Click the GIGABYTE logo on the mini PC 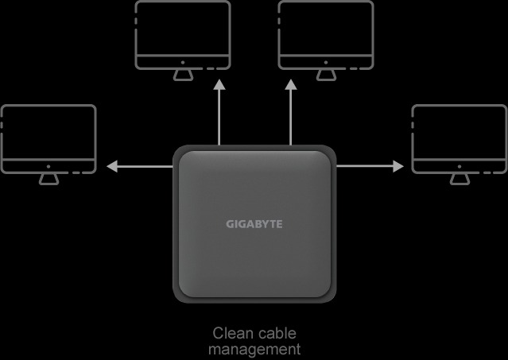click(254, 224)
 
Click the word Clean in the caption click(231, 333)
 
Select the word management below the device click(254, 348)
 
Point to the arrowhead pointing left click(112, 167)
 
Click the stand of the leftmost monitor click(48, 179)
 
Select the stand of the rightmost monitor click(459, 179)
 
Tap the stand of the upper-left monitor click(183, 74)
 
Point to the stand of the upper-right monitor click(326, 74)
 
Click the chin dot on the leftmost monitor click(48, 167)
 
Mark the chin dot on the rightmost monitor click(459, 167)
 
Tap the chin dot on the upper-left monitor click(183, 62)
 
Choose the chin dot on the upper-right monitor click(326, 62)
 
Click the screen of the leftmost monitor click(48, 132)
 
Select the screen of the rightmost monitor click(459, 132)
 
